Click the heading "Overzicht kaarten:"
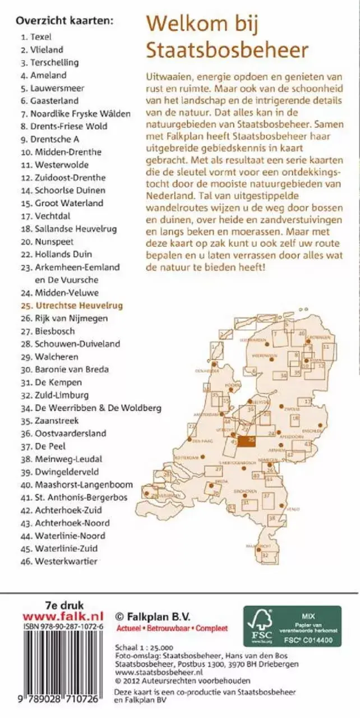[64, 21]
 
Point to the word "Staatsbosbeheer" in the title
[227, 50]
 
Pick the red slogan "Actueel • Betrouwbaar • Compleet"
[171, 628]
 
